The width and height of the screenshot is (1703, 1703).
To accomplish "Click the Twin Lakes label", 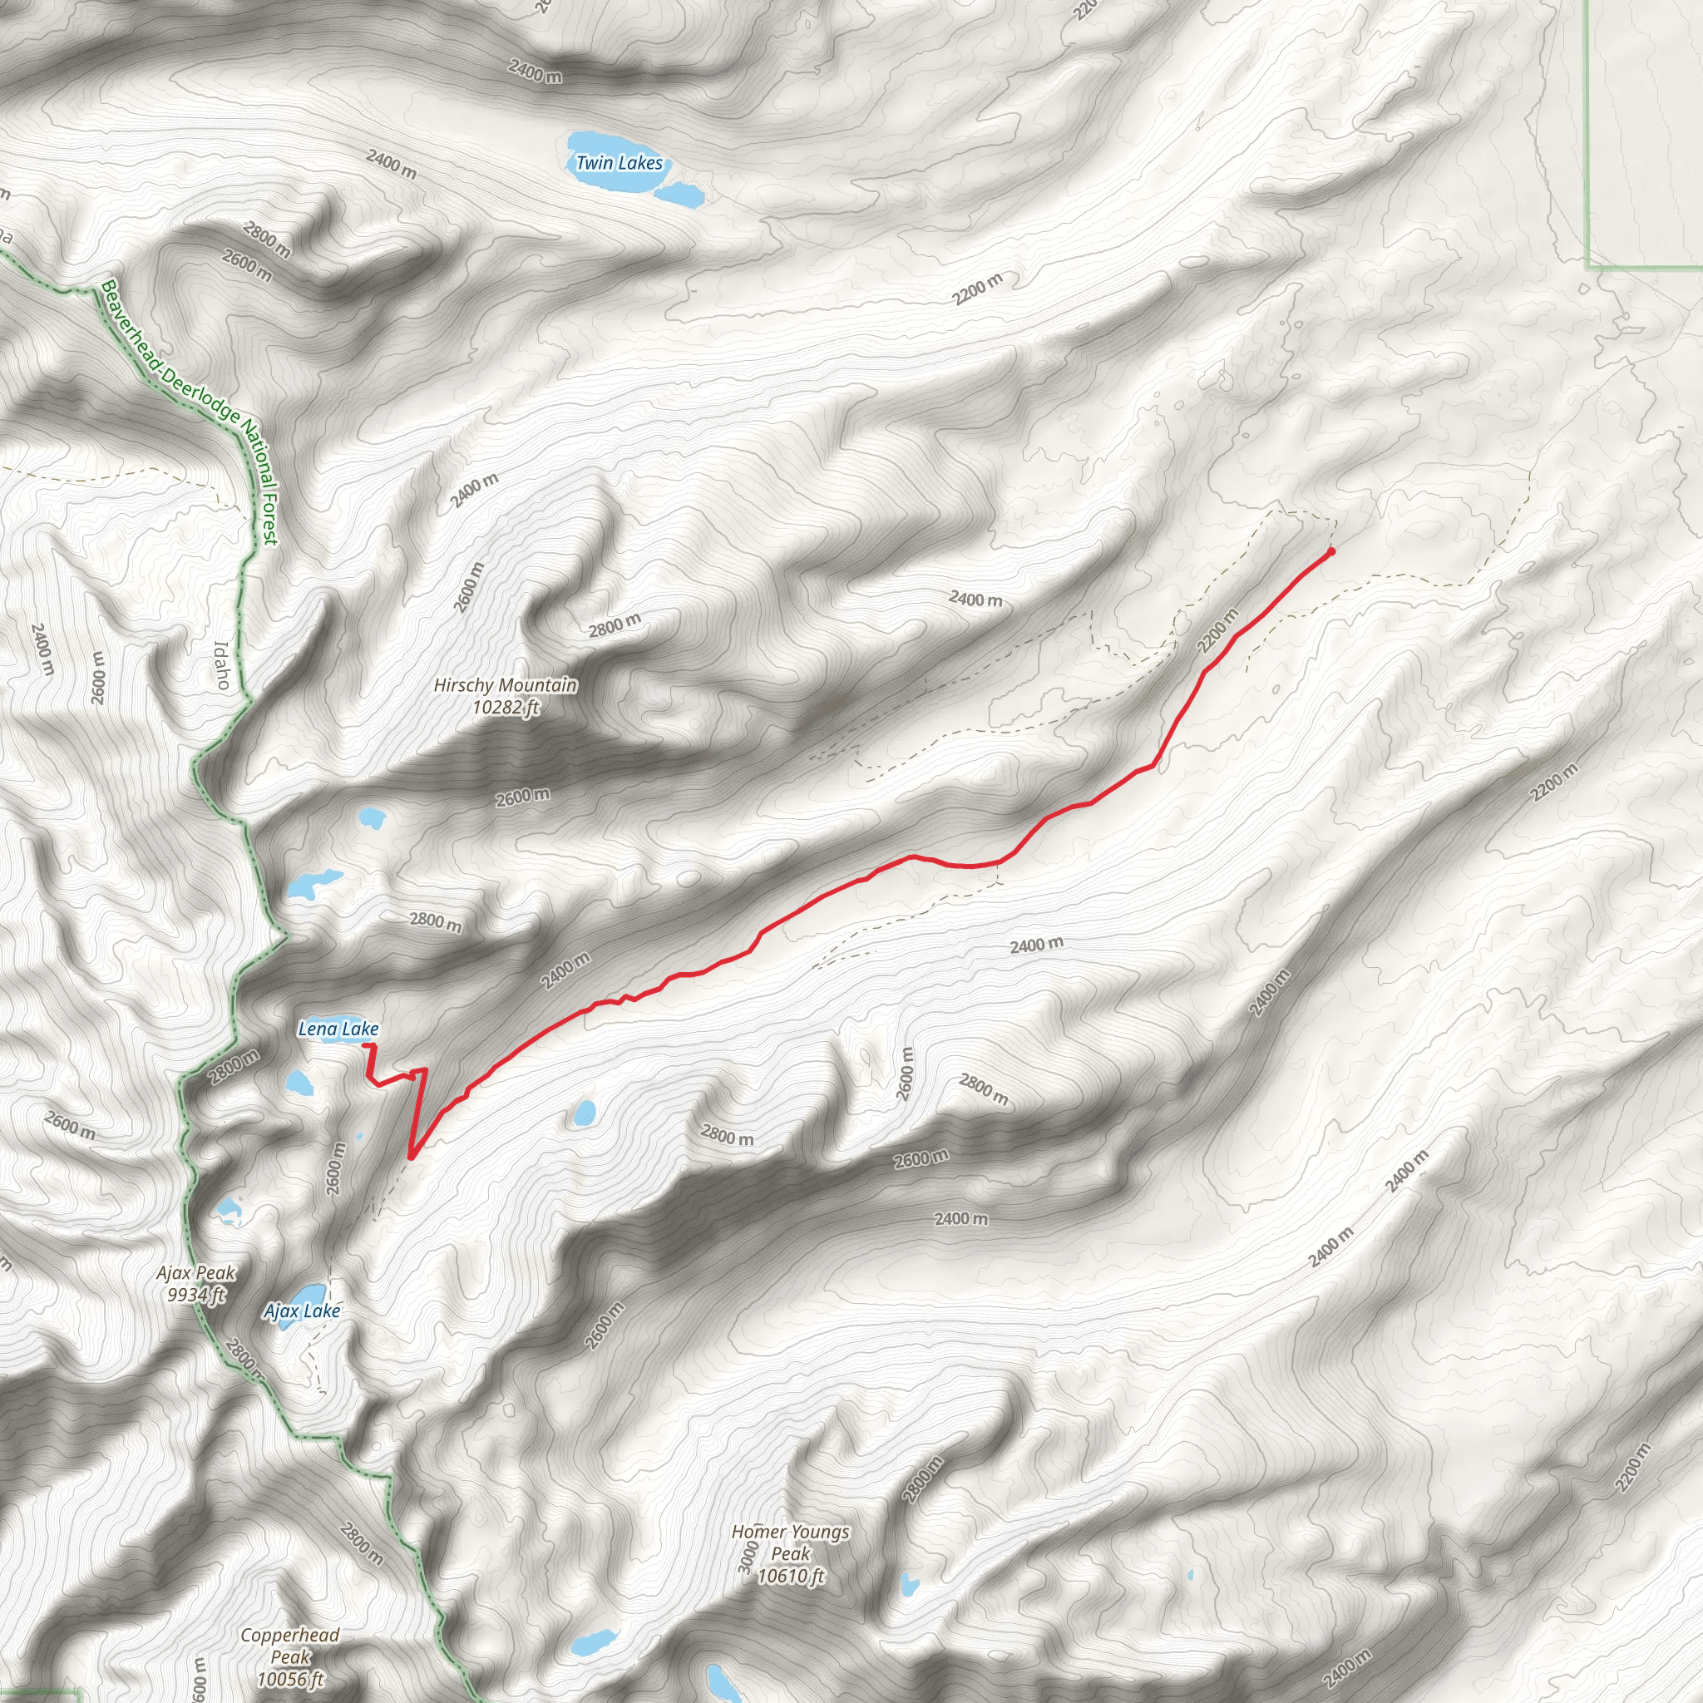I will [x=619, y=163].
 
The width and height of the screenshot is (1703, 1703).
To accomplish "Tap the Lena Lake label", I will [x=338, y=1029].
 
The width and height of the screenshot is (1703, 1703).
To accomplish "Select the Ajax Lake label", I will [x=303, y=1311].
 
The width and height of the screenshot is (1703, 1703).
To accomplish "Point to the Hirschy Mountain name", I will [x=506, y=685].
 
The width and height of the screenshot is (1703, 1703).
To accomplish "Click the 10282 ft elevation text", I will [x=506, y=707].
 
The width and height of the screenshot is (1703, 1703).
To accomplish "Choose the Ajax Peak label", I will [x=196, y=1273].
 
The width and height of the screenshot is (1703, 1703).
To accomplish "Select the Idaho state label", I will [x=222, y=664].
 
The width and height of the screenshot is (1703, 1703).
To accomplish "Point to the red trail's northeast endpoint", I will [x=1330, y=552].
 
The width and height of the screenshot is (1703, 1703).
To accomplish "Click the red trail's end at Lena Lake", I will [x=365, y=1044].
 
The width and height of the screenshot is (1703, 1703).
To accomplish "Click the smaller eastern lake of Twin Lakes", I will [x=681, y=194].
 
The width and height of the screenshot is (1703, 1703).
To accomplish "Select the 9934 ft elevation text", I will [x=196, y=1295].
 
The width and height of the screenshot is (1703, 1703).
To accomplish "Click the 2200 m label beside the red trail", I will [x=1218, y=631].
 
